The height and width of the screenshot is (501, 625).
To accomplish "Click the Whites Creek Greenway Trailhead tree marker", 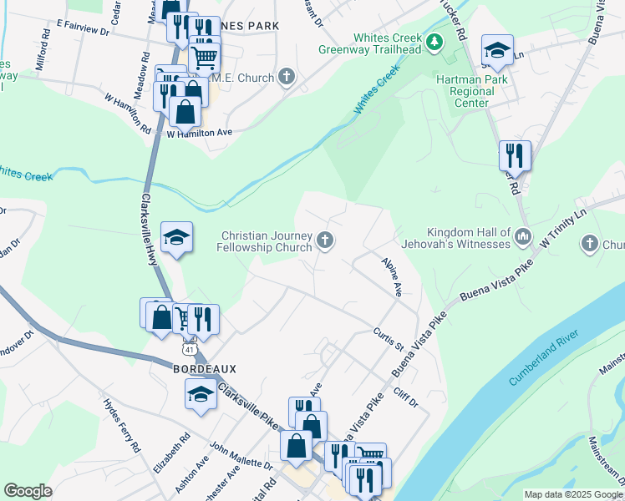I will click(x=434, y=42).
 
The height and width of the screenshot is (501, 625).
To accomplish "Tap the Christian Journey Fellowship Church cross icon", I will click(x=326, y=241).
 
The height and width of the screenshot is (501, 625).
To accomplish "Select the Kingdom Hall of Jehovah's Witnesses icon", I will click(x=523, y=237).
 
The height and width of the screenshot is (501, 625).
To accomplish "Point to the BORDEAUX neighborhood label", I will click(x=206, y=368).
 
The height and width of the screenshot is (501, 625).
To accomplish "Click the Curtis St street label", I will click(x=389, y=339).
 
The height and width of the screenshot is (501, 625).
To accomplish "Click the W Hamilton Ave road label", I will click(x=199, y=133).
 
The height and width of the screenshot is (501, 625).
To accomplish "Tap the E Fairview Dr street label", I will click(x=84, y=30).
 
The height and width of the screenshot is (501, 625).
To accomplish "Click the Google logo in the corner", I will click(x=28, y=491).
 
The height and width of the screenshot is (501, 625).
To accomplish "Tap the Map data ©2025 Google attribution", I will click(x=573, y=494).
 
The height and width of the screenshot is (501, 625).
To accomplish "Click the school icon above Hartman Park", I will click(x=497, y=50).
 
